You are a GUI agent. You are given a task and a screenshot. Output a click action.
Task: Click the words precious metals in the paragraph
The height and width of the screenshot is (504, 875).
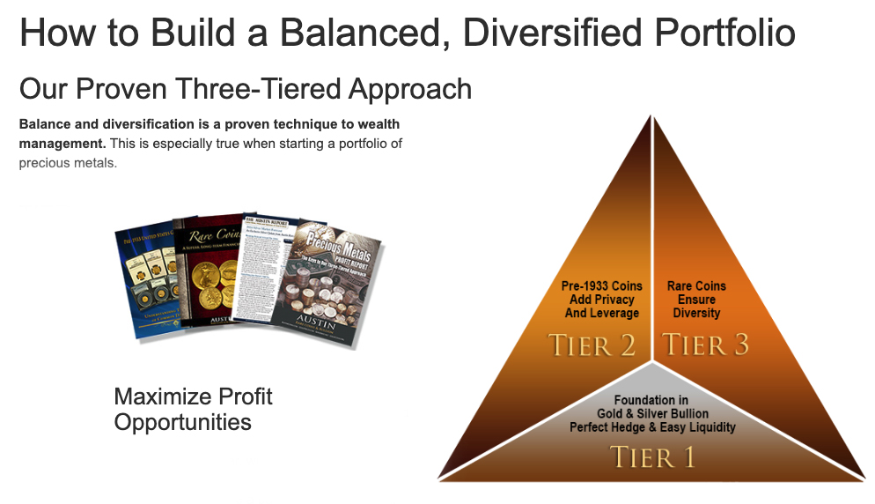coord(68,162)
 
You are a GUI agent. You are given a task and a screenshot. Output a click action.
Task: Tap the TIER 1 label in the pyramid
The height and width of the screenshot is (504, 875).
coord(652,457)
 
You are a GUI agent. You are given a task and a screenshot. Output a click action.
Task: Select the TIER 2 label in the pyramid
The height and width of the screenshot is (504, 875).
coord(592,345)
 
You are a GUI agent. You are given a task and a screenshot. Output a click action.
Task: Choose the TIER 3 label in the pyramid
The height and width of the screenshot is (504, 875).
coord(705,345)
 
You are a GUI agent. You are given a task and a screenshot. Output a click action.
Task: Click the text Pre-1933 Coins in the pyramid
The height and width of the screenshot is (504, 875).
coord(602,286)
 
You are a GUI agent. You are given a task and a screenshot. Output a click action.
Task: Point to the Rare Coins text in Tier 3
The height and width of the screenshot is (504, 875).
coord(696,286)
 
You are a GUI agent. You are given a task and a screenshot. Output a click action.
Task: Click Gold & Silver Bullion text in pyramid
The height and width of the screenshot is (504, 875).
coord(651,413)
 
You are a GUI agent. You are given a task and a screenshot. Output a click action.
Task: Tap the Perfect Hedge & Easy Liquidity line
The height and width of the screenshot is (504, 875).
coord(651,427)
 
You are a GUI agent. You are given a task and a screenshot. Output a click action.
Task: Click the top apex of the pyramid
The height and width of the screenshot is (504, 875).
coord(652,118)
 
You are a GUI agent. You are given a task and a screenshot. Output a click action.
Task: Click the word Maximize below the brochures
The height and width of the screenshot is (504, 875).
coord(156,397)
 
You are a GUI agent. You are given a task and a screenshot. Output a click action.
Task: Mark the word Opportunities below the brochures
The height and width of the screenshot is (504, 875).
coord(182,422)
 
